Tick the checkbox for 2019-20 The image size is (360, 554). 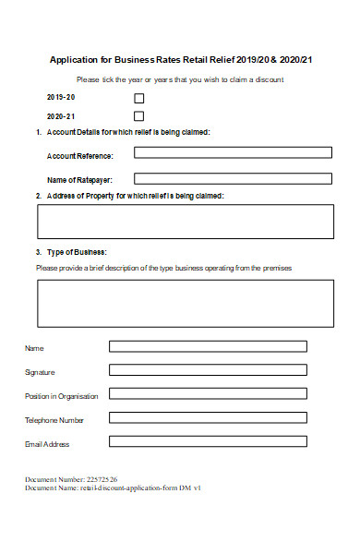(139, 98)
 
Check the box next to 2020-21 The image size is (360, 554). (139, 116)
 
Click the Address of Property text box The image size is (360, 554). (186, 222)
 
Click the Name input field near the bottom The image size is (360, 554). (208, 347)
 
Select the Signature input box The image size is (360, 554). (208, 370)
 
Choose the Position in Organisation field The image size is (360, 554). (208, 394)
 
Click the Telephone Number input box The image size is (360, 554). (208, 418)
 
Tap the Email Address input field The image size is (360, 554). (208, 441)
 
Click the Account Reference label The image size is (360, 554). (79, 156)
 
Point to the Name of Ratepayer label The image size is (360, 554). (78, 179)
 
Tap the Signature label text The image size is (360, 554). (40, 372)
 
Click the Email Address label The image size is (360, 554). (47, 444)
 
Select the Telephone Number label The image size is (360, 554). (54, 420)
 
